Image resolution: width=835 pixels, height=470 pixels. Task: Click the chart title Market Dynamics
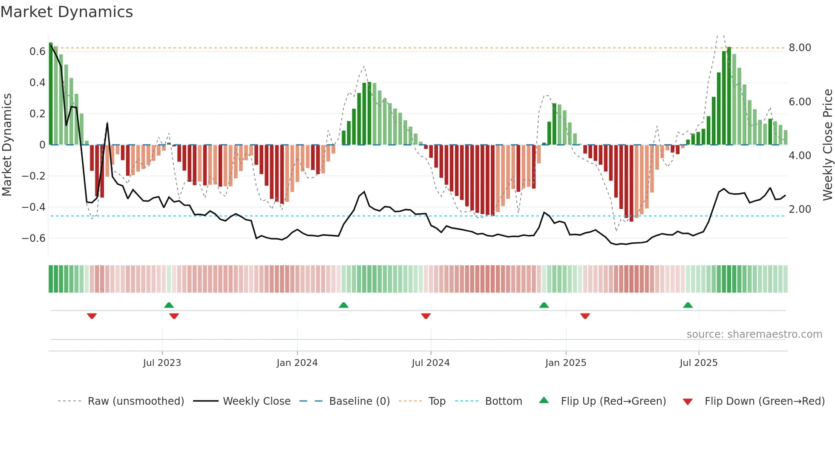click(66, 12)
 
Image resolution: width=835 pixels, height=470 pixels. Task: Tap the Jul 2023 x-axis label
click(162, 363)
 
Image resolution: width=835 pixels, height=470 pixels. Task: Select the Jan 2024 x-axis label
click(297, 363)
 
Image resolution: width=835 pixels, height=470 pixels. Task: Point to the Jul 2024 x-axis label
click(430, 363)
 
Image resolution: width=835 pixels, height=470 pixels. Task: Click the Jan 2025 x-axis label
click(565, 363)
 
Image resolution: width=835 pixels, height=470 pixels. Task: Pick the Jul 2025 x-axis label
click(698, 363)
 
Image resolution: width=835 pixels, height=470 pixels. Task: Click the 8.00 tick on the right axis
click(800, 48)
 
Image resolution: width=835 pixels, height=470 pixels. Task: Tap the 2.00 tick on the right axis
click(800, 209)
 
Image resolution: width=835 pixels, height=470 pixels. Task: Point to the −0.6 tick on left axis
click(33, 238)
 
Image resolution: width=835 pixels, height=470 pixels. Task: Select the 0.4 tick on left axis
click(37, 82)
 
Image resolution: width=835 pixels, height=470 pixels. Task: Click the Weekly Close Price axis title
click(827, 145)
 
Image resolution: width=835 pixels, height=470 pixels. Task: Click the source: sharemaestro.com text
click(754, 334)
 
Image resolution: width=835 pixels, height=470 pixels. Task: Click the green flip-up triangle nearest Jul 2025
click(688, 305)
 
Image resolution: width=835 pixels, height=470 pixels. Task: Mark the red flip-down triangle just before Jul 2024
click(426, 316)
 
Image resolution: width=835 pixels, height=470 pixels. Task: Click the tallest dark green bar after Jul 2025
click(729, 96)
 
